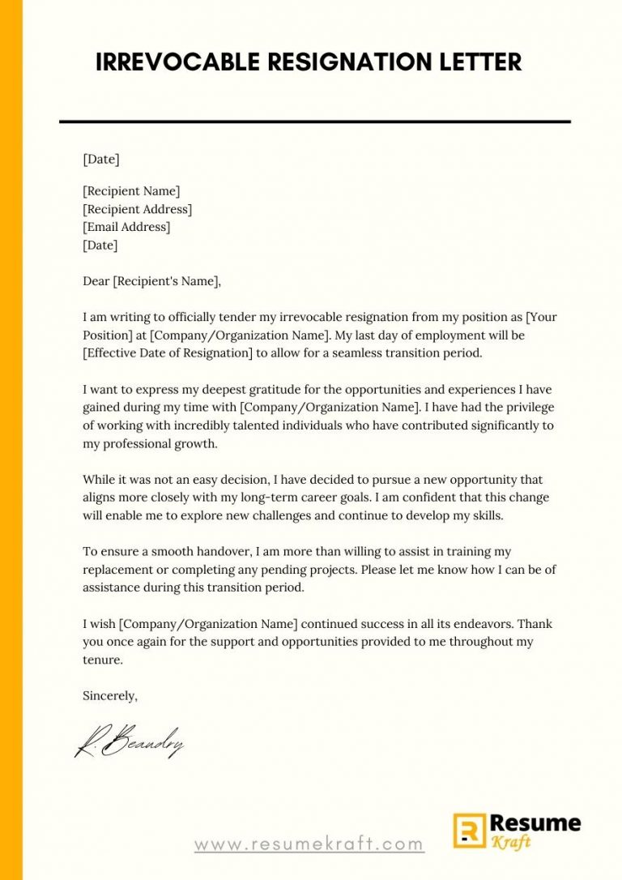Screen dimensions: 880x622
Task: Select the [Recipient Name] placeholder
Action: pyautogui.click(x=131, y=191)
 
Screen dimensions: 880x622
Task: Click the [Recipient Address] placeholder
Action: pyautogui.click(x=137, y=209)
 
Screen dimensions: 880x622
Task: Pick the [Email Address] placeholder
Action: pyautogui.click(x=126, y=227)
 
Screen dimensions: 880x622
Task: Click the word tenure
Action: pyautogui.click(x=102, y=660)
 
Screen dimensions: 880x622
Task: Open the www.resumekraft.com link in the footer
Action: pyautogui.click(x=309, y=844)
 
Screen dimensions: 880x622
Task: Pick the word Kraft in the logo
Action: pyautogui.click(x=513, y=843)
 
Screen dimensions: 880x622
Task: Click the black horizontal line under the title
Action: pyautogui.click(x=315, y=122)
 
